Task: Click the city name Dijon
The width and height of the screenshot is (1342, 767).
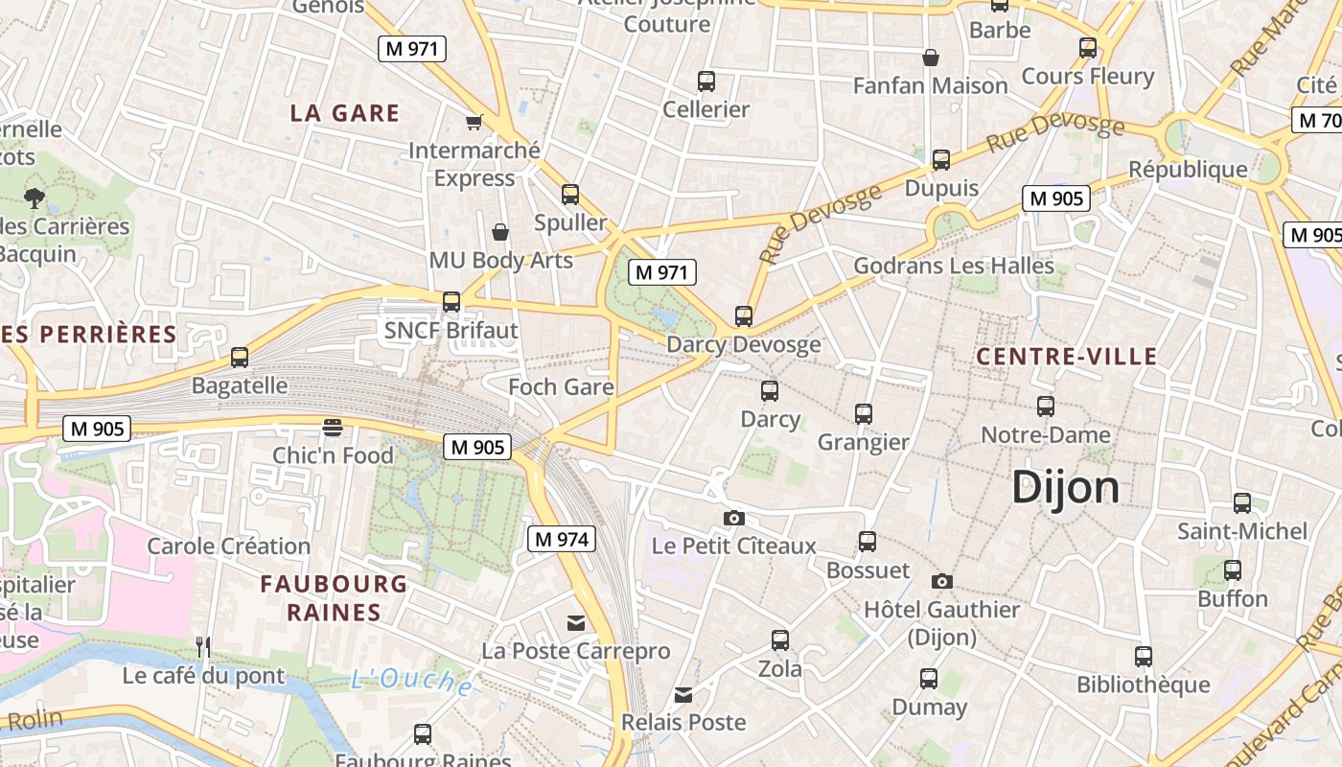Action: coord(1066,488)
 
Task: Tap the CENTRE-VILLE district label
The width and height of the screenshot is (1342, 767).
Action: coord(1067,357)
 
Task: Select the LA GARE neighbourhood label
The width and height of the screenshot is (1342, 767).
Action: coord(345,113)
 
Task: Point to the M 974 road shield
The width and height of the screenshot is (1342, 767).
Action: coord(562,539)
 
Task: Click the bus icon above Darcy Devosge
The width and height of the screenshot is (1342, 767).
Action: coord(744,315)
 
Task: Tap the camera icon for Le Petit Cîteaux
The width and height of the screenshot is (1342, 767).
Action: coord(734,519)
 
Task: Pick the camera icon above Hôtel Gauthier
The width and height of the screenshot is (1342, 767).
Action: coord(942,581)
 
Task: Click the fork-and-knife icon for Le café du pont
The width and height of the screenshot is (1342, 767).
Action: coord(203,647)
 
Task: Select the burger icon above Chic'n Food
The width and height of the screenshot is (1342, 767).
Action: coord(333,427)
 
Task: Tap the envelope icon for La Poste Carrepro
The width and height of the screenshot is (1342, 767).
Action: coord(576,623)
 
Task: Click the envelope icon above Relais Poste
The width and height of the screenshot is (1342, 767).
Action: coord(683,694)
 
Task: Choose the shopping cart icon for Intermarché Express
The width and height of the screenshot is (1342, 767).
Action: coord(474,122)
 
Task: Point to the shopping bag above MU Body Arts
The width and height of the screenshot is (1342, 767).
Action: coord(500,232)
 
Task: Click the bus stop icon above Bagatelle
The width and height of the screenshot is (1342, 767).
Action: coord(240,358)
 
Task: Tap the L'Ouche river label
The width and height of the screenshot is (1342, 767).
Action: coord(411,681)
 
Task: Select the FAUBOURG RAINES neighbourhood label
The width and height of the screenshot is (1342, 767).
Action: coord(334,597)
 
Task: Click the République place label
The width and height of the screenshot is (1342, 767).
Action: coord(1188,170)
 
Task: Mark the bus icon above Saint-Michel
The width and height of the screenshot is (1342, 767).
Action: coord(1242,502)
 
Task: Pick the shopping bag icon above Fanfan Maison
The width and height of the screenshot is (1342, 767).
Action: coord(930,58)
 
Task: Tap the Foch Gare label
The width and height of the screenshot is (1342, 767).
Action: coord(561,387)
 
